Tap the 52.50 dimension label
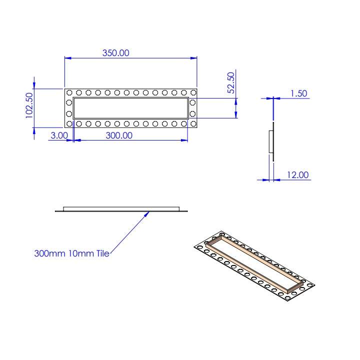pyautogui.click(x=231, y=83)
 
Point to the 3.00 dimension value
pyautogui.click(x=59, y=135)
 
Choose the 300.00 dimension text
pyautogui.click(x=119, y=135)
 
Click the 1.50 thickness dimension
pyautogui.click(x=298, y=93)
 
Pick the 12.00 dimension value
pyautogui.click(x=298, y=175)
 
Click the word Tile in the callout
pyautogui.click(x=103, y=253)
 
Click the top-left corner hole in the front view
pyautogui.click(x=69, y=92)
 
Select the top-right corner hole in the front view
pyautogui.click(x=193, y=92)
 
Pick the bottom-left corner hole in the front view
pyautogui.click(x=69, y=123)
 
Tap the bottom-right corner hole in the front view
pyautogui.click(x=193, y=123)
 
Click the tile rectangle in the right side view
pyautogui.click(x=271, y=141)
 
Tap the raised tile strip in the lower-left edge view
pyautogui.click(x=121, y=207)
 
